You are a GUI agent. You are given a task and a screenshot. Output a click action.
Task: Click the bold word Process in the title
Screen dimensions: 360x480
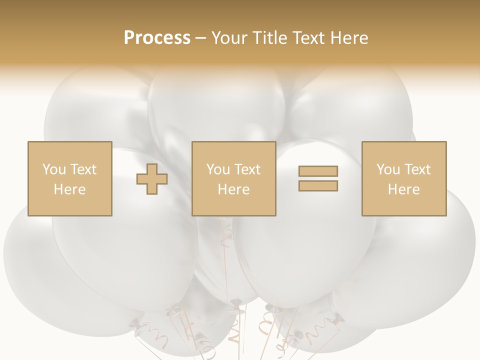click(x=157, y=38)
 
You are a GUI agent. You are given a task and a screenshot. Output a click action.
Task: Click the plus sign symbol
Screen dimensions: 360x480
click(x=152, y=179)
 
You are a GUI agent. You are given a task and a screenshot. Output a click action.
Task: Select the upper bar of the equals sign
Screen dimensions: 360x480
click(x=318, y=171)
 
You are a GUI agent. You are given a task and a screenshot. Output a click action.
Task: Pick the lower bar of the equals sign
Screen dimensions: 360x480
click(x=318, y=186)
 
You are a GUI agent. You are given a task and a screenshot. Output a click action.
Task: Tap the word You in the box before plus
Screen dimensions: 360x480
click(x=54, y=169)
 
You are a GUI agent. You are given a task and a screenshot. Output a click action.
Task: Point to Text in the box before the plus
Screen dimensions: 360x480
click(x=83, y=169)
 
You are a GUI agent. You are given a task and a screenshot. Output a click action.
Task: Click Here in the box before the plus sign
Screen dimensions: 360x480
click(x=69, y=189)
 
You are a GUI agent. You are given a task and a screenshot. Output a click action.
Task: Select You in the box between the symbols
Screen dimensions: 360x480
click(x=218, y=169)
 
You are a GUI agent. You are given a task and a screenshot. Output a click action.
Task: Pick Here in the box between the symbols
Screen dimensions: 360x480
click(x=233, y=189)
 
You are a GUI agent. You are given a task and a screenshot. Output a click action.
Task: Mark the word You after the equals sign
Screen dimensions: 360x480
click(x=388, y=169)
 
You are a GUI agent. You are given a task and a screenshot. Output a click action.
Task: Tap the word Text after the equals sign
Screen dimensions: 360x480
click(x=417, y=169)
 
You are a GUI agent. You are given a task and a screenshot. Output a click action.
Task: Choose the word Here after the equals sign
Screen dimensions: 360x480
click(x=403, y=189)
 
